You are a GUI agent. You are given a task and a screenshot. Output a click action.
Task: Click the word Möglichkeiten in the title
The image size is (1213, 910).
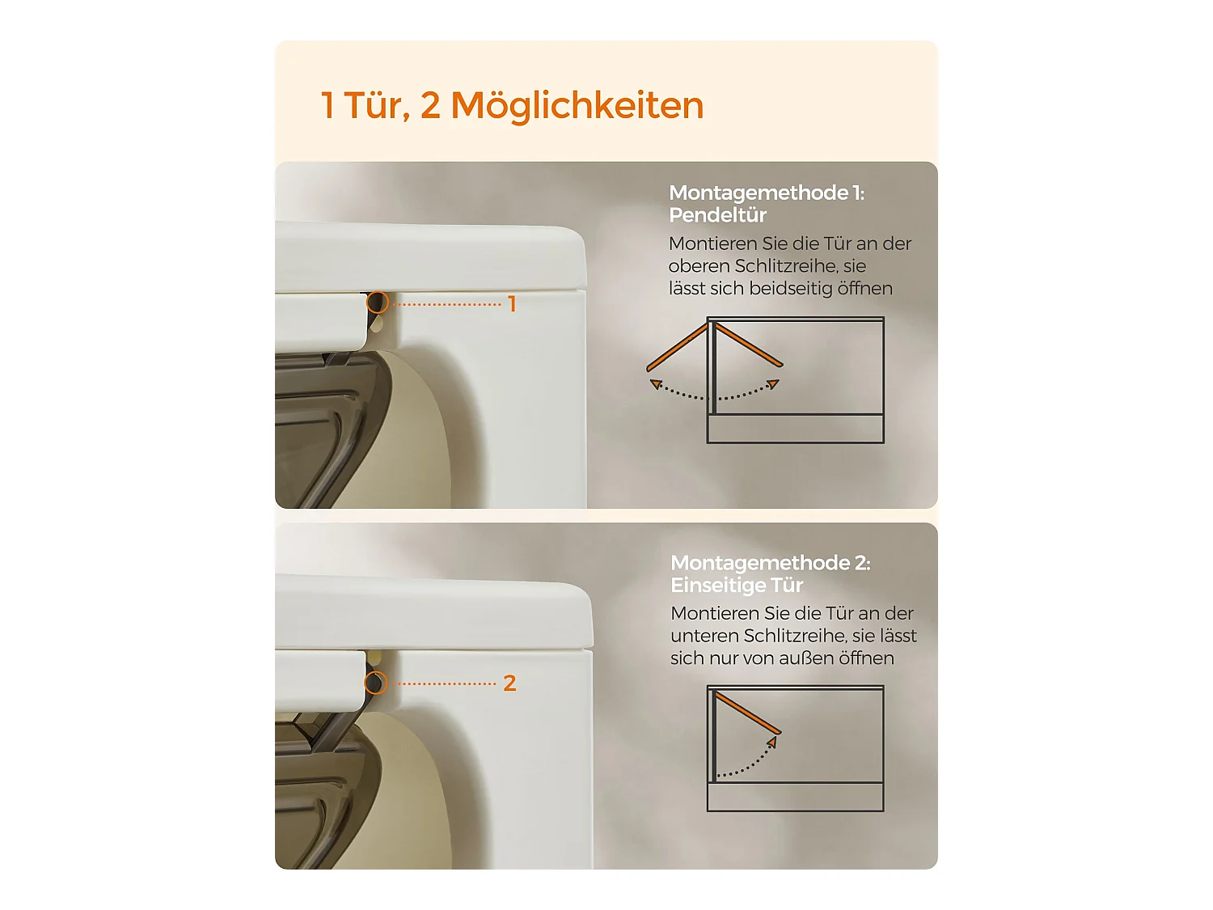577,106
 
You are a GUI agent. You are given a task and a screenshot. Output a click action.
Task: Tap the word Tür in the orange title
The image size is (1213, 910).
377,105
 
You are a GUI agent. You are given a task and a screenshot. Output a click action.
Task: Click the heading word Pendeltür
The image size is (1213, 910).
717,215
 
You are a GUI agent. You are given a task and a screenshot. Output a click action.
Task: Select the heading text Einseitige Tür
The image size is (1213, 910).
737,585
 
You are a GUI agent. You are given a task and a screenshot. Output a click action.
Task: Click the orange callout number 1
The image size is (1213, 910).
512,304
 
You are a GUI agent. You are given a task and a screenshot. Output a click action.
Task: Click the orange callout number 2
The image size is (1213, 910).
509,684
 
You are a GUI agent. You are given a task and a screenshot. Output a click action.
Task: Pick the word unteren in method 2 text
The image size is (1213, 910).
704,636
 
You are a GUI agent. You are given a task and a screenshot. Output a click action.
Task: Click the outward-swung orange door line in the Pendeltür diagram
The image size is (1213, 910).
677,348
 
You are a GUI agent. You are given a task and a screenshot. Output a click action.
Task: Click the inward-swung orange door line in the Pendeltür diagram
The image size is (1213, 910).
749,345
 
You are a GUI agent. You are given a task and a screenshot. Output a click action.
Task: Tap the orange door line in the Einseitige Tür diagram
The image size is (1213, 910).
748,713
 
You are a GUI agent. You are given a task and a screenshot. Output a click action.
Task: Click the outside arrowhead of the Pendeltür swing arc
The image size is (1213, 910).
656,384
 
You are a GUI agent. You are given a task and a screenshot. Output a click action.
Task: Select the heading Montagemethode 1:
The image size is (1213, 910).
767,193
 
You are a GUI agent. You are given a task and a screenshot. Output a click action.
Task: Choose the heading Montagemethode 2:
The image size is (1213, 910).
771,563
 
